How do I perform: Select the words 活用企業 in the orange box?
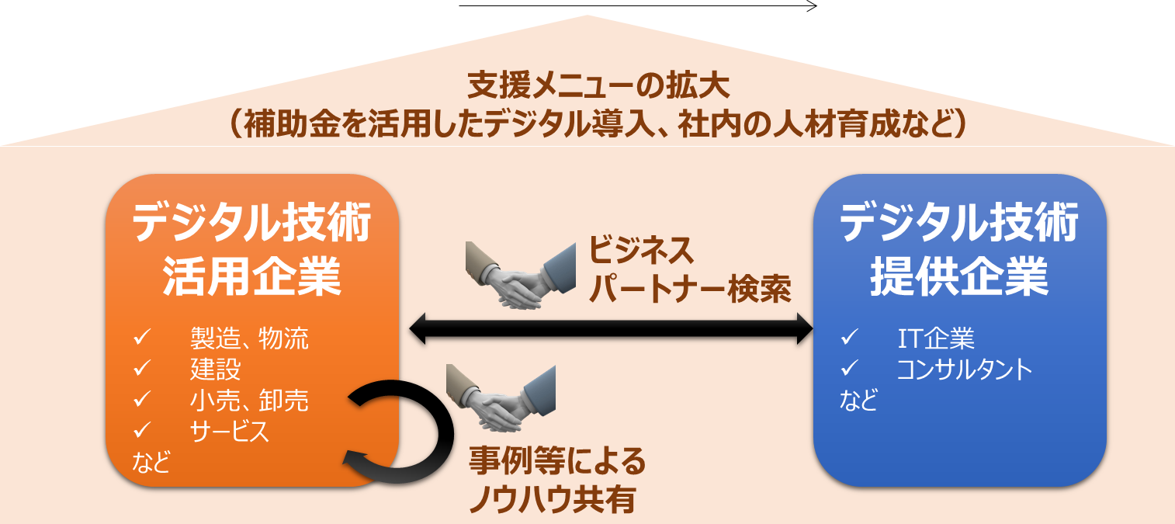251,276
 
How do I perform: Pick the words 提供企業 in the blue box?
959,276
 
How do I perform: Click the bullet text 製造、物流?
249,338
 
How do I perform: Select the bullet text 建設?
215,370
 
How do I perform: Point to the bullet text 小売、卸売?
249,400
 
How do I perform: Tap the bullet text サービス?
230,431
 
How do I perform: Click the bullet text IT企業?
936,338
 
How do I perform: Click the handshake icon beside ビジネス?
519,276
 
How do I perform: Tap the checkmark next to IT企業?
848,338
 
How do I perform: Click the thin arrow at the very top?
638,6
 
